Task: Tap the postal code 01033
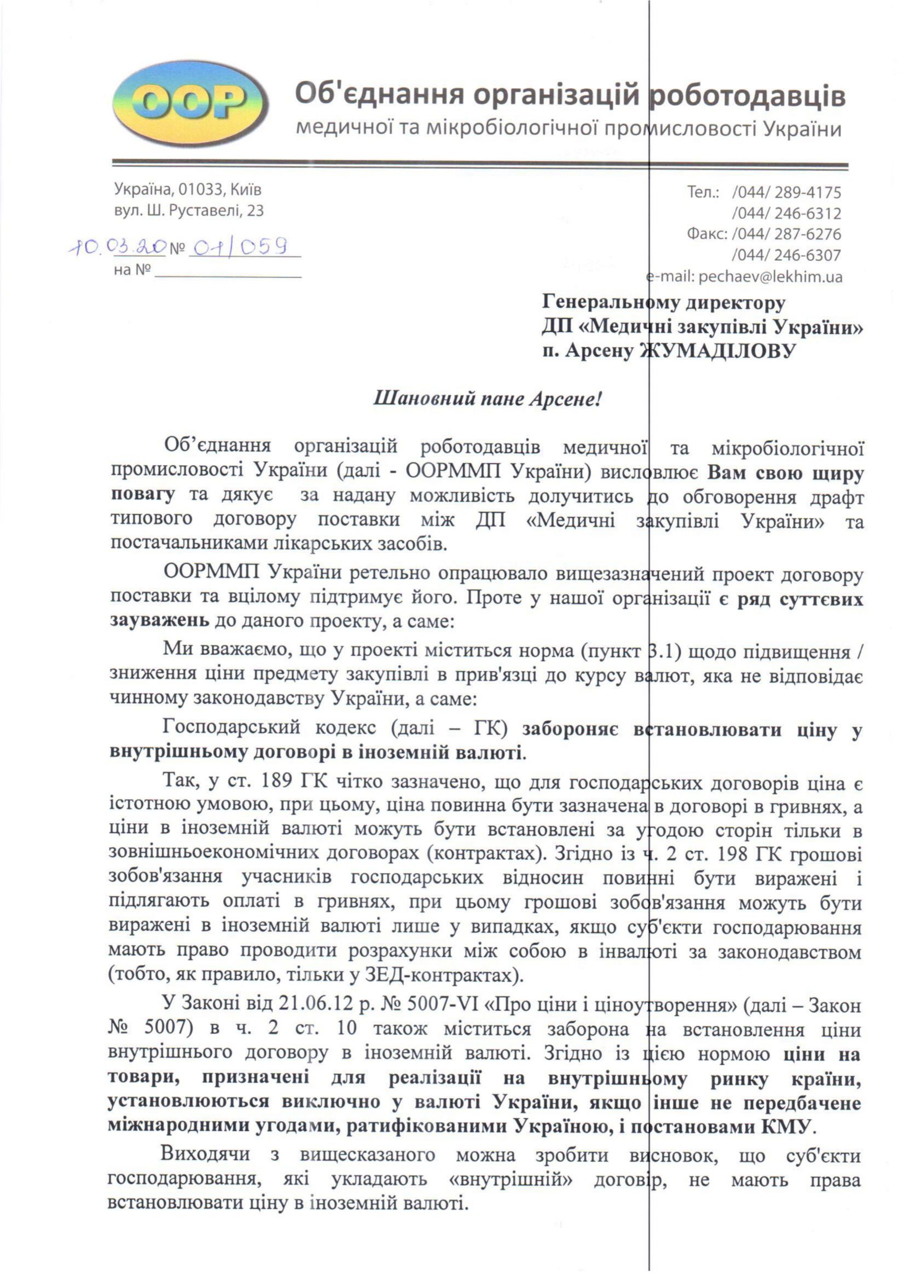tap(197, 190)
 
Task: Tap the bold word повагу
tap(143, 495)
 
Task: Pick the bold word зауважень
tap(160, 620)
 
